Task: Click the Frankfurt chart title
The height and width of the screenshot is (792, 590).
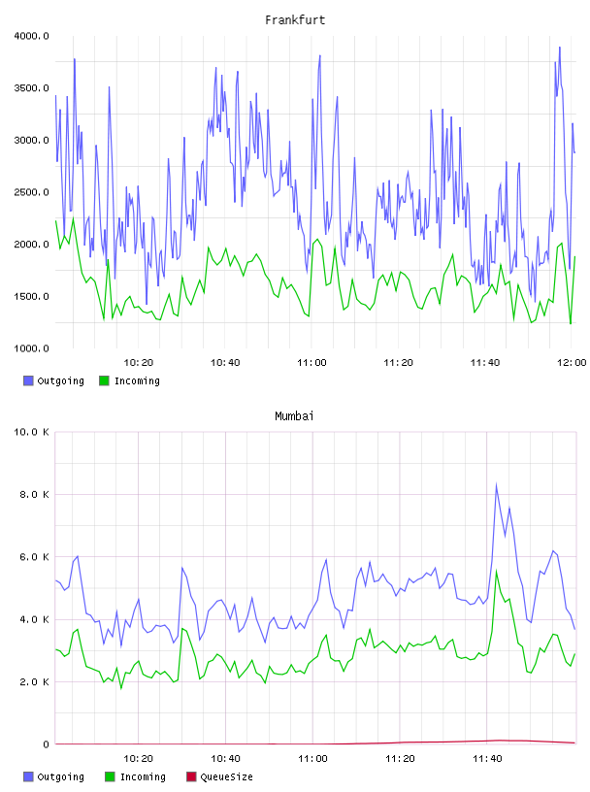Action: pos(295,20)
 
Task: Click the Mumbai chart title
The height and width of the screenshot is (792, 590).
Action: pos(294,416)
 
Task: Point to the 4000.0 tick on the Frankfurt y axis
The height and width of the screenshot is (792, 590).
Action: pos(31,36)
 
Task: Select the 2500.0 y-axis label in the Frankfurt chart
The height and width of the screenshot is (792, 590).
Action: pos(31,192)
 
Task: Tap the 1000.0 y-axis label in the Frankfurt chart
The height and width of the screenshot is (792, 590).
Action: pos(31,348)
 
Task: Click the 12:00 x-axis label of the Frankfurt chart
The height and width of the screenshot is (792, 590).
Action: pos(572,362)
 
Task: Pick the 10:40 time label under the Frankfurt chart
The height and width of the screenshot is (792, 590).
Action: pos(225,362)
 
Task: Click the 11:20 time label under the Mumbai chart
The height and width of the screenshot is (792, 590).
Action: pos(400,758)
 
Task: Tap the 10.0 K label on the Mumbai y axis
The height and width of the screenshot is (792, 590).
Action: pos(31,432)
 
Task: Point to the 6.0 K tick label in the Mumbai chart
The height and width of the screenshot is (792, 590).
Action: pos(34,556)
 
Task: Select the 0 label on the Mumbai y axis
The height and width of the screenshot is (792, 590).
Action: pos(46,744)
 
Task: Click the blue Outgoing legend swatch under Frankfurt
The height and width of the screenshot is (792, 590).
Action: pos(28,380)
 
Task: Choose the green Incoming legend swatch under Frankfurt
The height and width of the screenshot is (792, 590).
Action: pos(104,380)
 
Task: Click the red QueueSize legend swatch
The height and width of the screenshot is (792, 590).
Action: pos(191,776)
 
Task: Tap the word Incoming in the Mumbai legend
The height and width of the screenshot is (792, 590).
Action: pos(143,776)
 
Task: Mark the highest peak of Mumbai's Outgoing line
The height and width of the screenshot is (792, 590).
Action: pos(497,484)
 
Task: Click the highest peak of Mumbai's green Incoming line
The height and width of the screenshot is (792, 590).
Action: pos(497,571)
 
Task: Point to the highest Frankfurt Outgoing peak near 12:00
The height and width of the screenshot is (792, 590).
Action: pos(560,48)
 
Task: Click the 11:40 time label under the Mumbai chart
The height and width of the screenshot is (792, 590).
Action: pos(487,758)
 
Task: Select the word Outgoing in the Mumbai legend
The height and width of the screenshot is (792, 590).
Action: pos(60,776)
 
